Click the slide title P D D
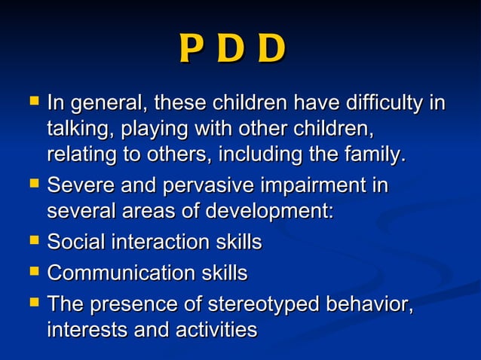(x=232, y=50)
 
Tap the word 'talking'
(x=75, y=128)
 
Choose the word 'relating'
(x=80, y=155)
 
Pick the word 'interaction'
(x=158, y=243)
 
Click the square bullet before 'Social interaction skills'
(x=32, y=241)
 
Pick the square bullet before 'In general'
(x=32, y=100)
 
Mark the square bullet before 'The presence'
(x=32, y=301)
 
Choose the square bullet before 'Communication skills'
(x=32, y=270)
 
